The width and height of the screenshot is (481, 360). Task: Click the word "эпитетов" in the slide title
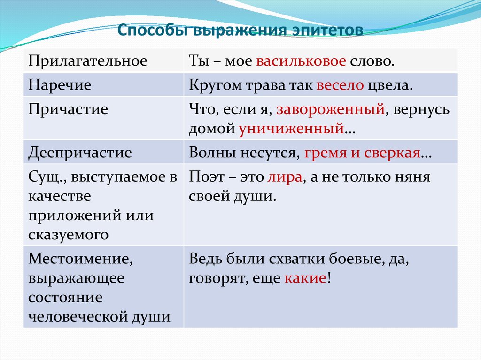[327, 30]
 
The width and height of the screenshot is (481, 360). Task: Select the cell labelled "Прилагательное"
[88, 61]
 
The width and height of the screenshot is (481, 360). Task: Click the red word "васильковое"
[301, 61]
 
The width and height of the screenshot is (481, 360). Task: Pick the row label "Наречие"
[60, 85]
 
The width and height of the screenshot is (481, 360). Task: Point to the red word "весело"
[340, 85]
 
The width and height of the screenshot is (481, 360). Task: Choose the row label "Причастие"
[68, 109]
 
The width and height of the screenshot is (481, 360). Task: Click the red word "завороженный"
[330, 109]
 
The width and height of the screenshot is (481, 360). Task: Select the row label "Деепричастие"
[80, 153]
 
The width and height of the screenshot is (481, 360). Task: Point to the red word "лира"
[285, 177]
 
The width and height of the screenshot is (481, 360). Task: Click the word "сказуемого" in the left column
[69, 235]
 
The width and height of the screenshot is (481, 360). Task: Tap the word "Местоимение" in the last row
[80, 259]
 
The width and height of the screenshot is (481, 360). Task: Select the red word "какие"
[305, 278]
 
